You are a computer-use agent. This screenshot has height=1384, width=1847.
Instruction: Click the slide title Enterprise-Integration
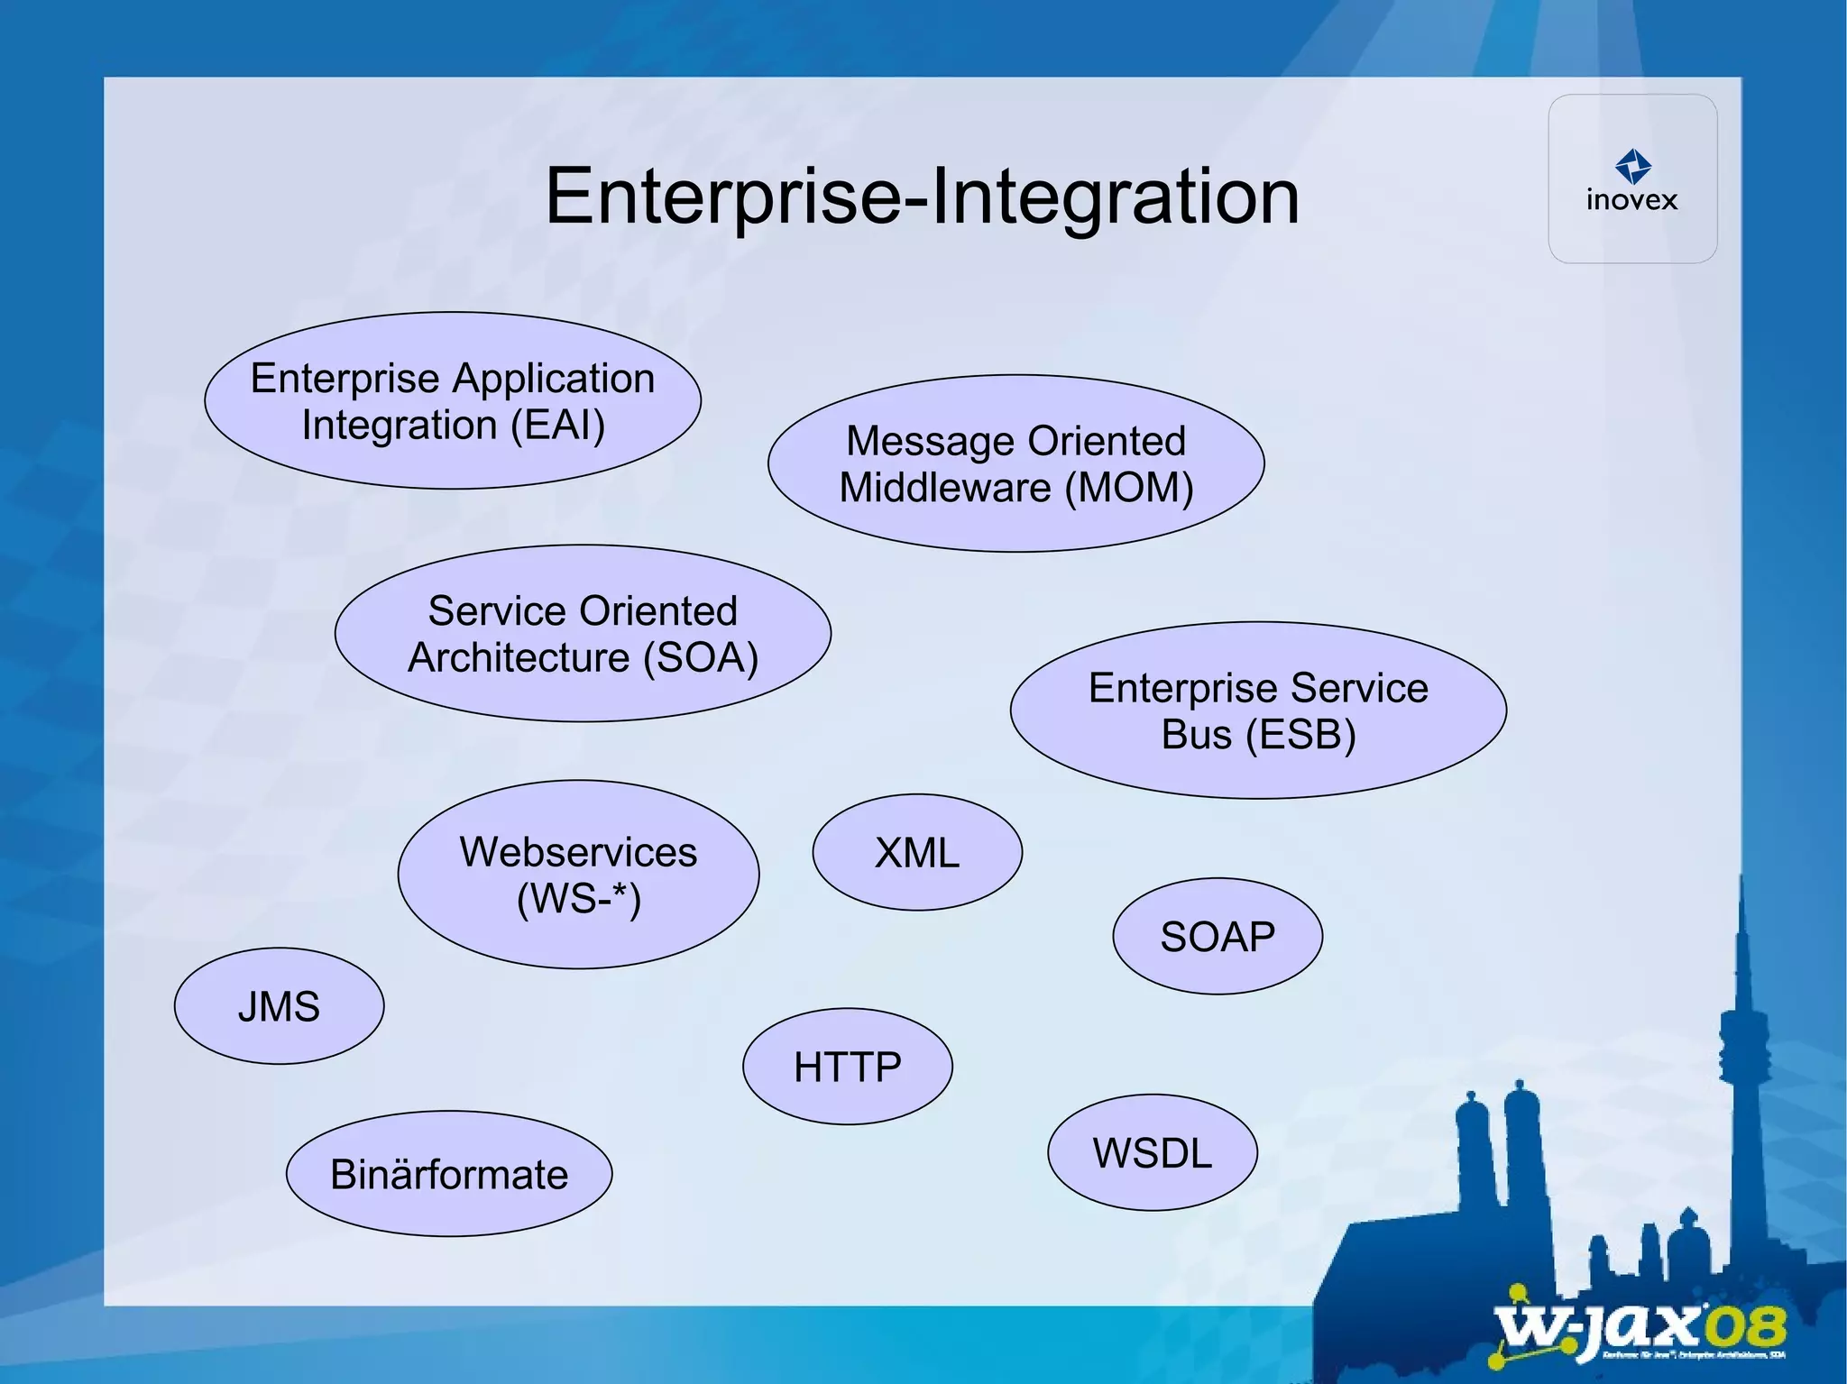(922, 196)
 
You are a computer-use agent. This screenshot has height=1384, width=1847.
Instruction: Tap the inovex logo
(1632, 179)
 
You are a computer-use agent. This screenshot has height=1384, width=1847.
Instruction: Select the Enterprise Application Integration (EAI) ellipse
(453, 401)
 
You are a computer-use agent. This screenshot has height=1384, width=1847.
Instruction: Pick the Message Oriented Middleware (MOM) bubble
(1015, 463)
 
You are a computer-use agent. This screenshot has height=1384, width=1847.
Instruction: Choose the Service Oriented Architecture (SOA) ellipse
(583, 633)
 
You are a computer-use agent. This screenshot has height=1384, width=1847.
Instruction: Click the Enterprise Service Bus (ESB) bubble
(1258, 710)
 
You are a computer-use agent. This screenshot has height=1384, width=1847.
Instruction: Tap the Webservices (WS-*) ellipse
(578, 875)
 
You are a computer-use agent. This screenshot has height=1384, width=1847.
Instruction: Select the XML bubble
(917, 852)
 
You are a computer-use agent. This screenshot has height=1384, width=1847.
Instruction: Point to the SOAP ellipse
(1218, 936)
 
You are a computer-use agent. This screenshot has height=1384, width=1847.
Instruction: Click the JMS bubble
(279, 1005)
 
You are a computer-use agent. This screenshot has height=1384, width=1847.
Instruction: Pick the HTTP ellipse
(847, 1067)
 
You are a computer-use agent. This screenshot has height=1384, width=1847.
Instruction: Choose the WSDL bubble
(1153, 1152)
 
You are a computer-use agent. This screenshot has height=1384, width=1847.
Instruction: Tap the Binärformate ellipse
(449, 1174)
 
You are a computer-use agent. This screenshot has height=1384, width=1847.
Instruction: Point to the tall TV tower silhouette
(1741, 1037)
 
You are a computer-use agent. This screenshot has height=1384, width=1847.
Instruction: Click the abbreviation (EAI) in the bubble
(558, 425)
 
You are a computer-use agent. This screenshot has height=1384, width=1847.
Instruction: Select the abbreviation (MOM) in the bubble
(1129, 488)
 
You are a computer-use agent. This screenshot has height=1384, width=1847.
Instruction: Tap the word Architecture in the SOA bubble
(519, 657)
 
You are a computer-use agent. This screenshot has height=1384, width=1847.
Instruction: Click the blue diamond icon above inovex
(1633, 166)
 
